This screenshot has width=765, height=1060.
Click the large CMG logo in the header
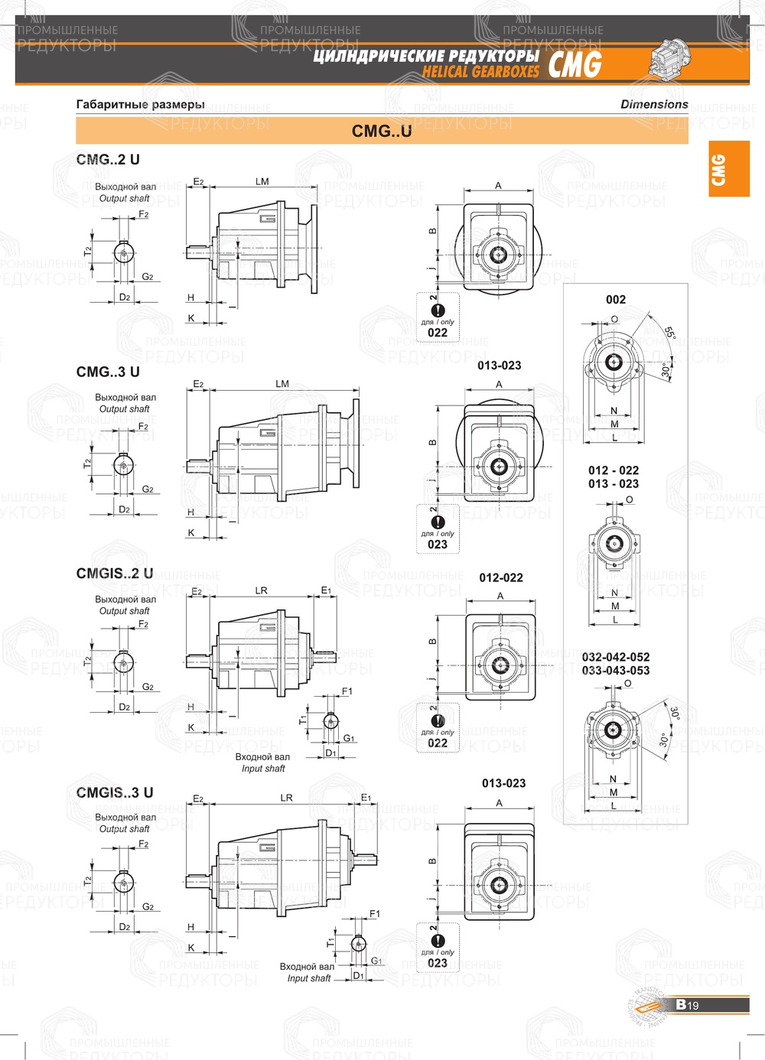pos(575,65)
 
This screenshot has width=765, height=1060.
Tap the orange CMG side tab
pos(728,169)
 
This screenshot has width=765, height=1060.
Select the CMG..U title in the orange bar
pos(382,131)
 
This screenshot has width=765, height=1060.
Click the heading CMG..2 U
pos(108,160)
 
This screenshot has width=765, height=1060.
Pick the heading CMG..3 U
pos(108,372)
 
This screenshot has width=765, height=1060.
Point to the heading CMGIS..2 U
pos(115,574)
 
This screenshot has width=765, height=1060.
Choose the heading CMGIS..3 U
pos(115,793)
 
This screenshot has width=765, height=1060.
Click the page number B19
pos(688,1005)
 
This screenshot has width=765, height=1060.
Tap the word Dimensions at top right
pos(654,104)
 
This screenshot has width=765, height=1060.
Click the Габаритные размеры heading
pos(140,104)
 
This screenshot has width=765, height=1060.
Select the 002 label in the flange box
pos(616,300)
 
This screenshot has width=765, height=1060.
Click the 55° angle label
pos(670,333)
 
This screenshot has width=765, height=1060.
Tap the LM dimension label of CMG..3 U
pos(282,384)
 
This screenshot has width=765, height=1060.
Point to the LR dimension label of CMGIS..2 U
pos(262,590)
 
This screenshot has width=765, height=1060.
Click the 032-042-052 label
pos(616,657)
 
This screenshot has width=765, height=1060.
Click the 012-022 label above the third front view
pos(501,578)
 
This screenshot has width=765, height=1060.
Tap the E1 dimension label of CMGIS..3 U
pos(366,798)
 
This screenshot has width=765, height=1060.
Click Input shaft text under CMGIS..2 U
pos(263,769)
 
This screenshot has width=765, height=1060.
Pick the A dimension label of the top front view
pos(498,186)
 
